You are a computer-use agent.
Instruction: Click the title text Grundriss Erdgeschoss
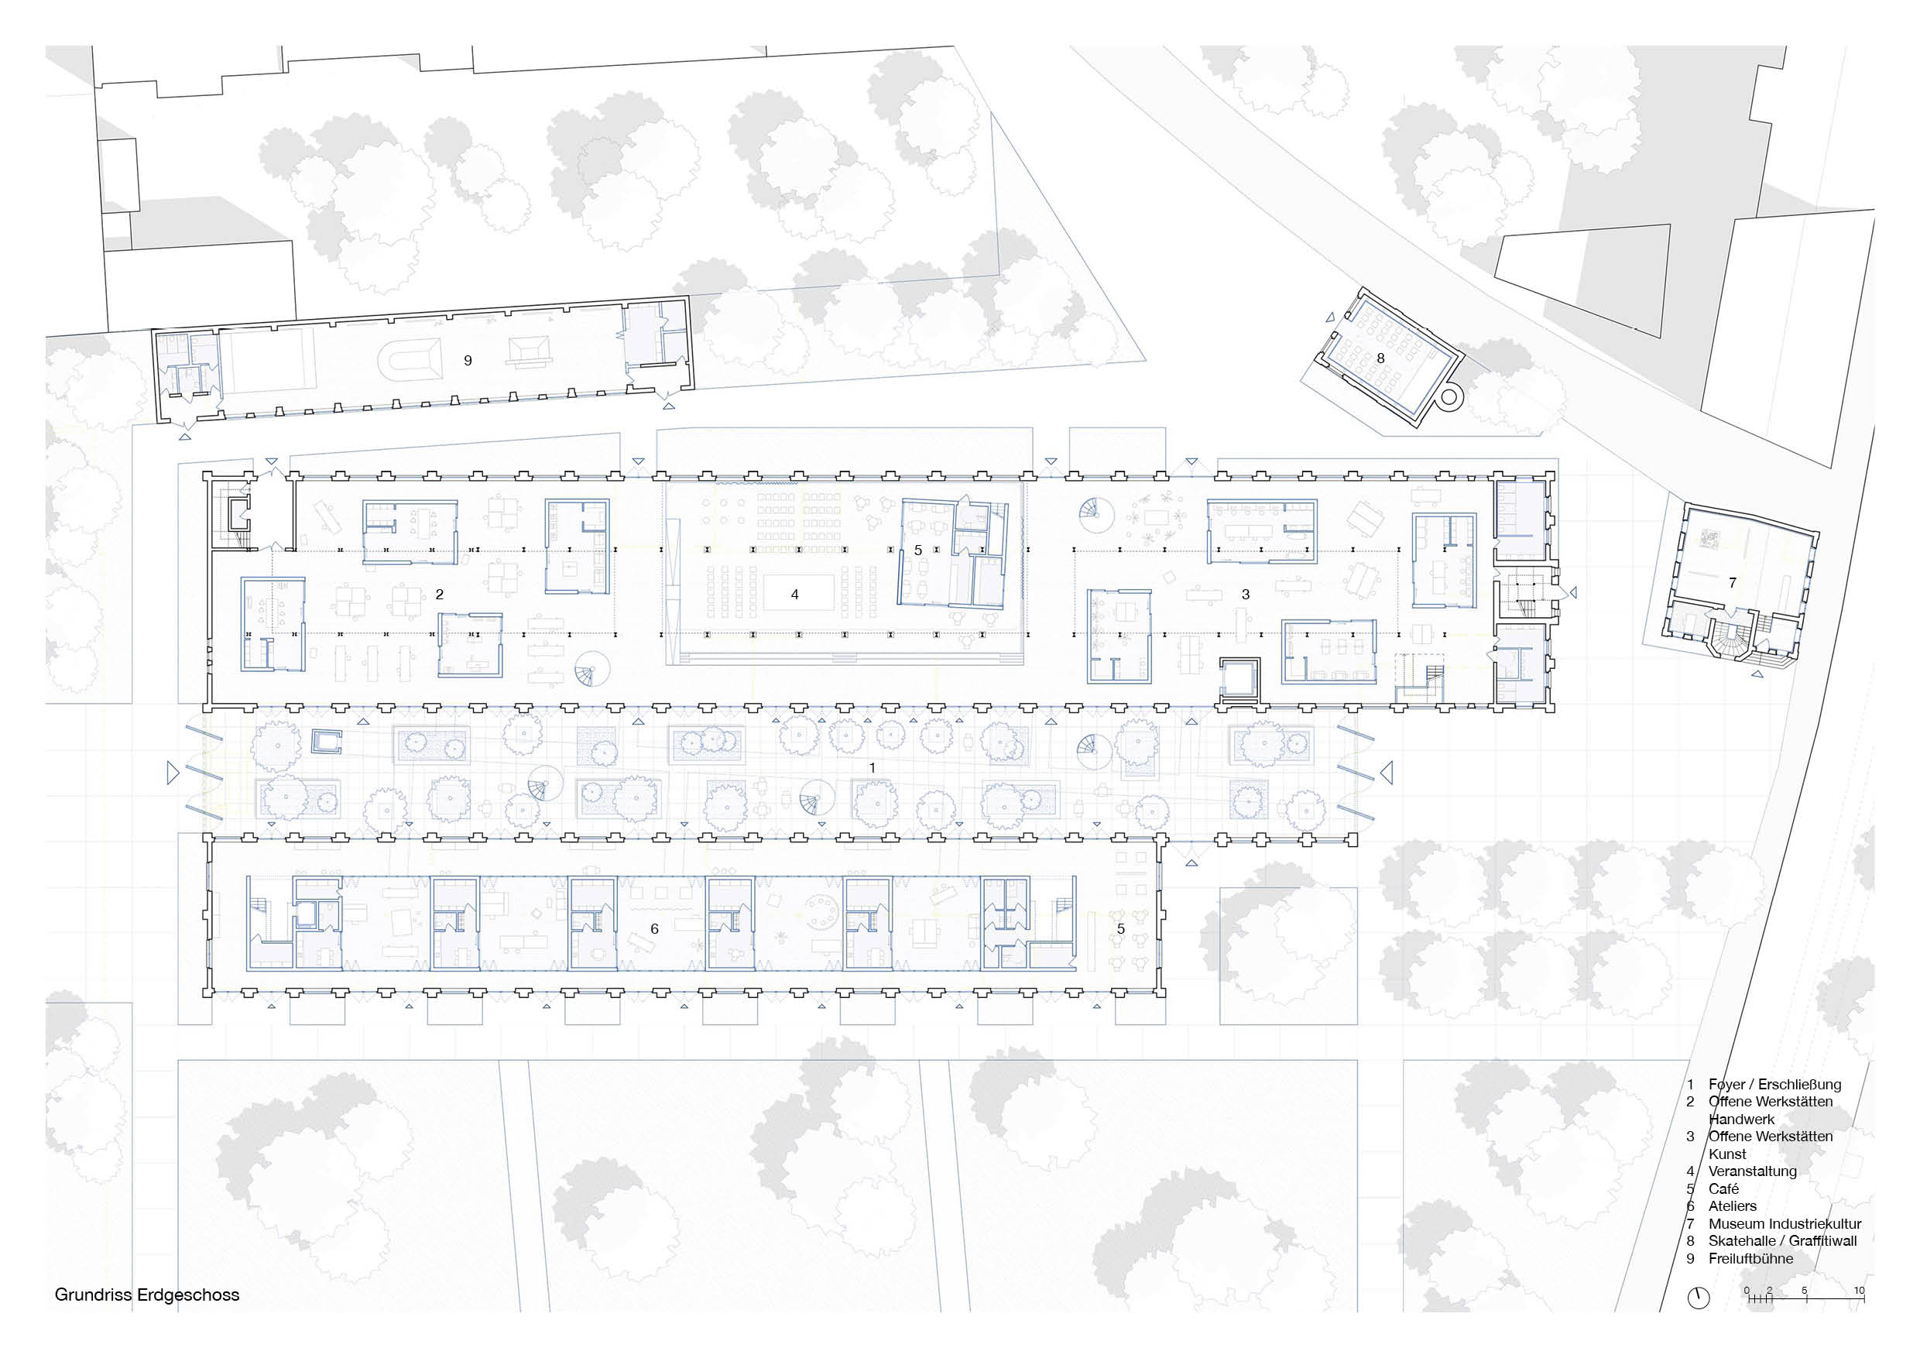coord(147,1295)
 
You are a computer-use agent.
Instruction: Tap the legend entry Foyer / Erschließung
coord(1774,1085)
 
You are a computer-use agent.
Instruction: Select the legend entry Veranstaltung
coord(1753,1171)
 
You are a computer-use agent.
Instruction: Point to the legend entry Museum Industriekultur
coord(1785,1223)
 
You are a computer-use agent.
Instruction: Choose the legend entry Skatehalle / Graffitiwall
coord(1782,1241)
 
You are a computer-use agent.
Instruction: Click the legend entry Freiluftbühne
coord(1750,1258)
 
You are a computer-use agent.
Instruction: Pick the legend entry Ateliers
coord(1733,1205)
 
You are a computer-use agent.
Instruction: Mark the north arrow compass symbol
coord(1699,1298)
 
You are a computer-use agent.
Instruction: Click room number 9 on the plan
coord(468,361)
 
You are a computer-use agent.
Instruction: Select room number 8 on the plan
coord(1380,358)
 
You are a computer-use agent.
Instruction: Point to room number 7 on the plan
coord(1732,583)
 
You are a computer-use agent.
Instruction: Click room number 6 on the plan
coord(655,928)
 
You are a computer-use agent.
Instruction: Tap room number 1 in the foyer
coord(873,767)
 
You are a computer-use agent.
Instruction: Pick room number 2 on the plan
coord(439,595)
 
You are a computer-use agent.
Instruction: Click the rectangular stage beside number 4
coord(799,594)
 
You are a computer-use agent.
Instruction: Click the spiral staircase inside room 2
coord(593,669)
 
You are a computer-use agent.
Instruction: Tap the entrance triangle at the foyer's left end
coord(173,772)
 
